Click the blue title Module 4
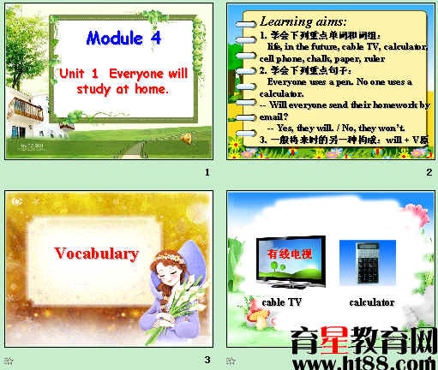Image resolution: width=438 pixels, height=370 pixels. coord(123,39)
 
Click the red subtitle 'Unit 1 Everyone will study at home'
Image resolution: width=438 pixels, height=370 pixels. coord(123,81)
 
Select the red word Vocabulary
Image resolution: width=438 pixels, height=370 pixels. coord(96,254)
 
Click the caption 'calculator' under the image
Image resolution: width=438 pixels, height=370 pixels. coord(371,302)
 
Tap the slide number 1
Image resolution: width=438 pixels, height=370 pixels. coord(207,173)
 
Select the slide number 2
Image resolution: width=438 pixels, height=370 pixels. coord(429,173)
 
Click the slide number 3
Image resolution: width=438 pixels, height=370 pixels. coord(207,360)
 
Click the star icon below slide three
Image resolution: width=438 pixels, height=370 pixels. coord(9,361)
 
